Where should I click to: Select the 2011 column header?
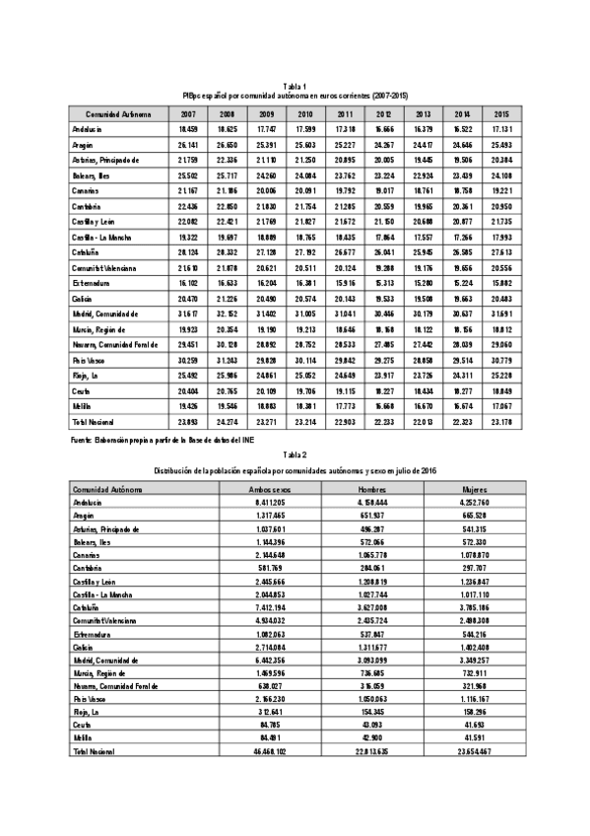pos(345,114)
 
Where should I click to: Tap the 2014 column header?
pos(463,114)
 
